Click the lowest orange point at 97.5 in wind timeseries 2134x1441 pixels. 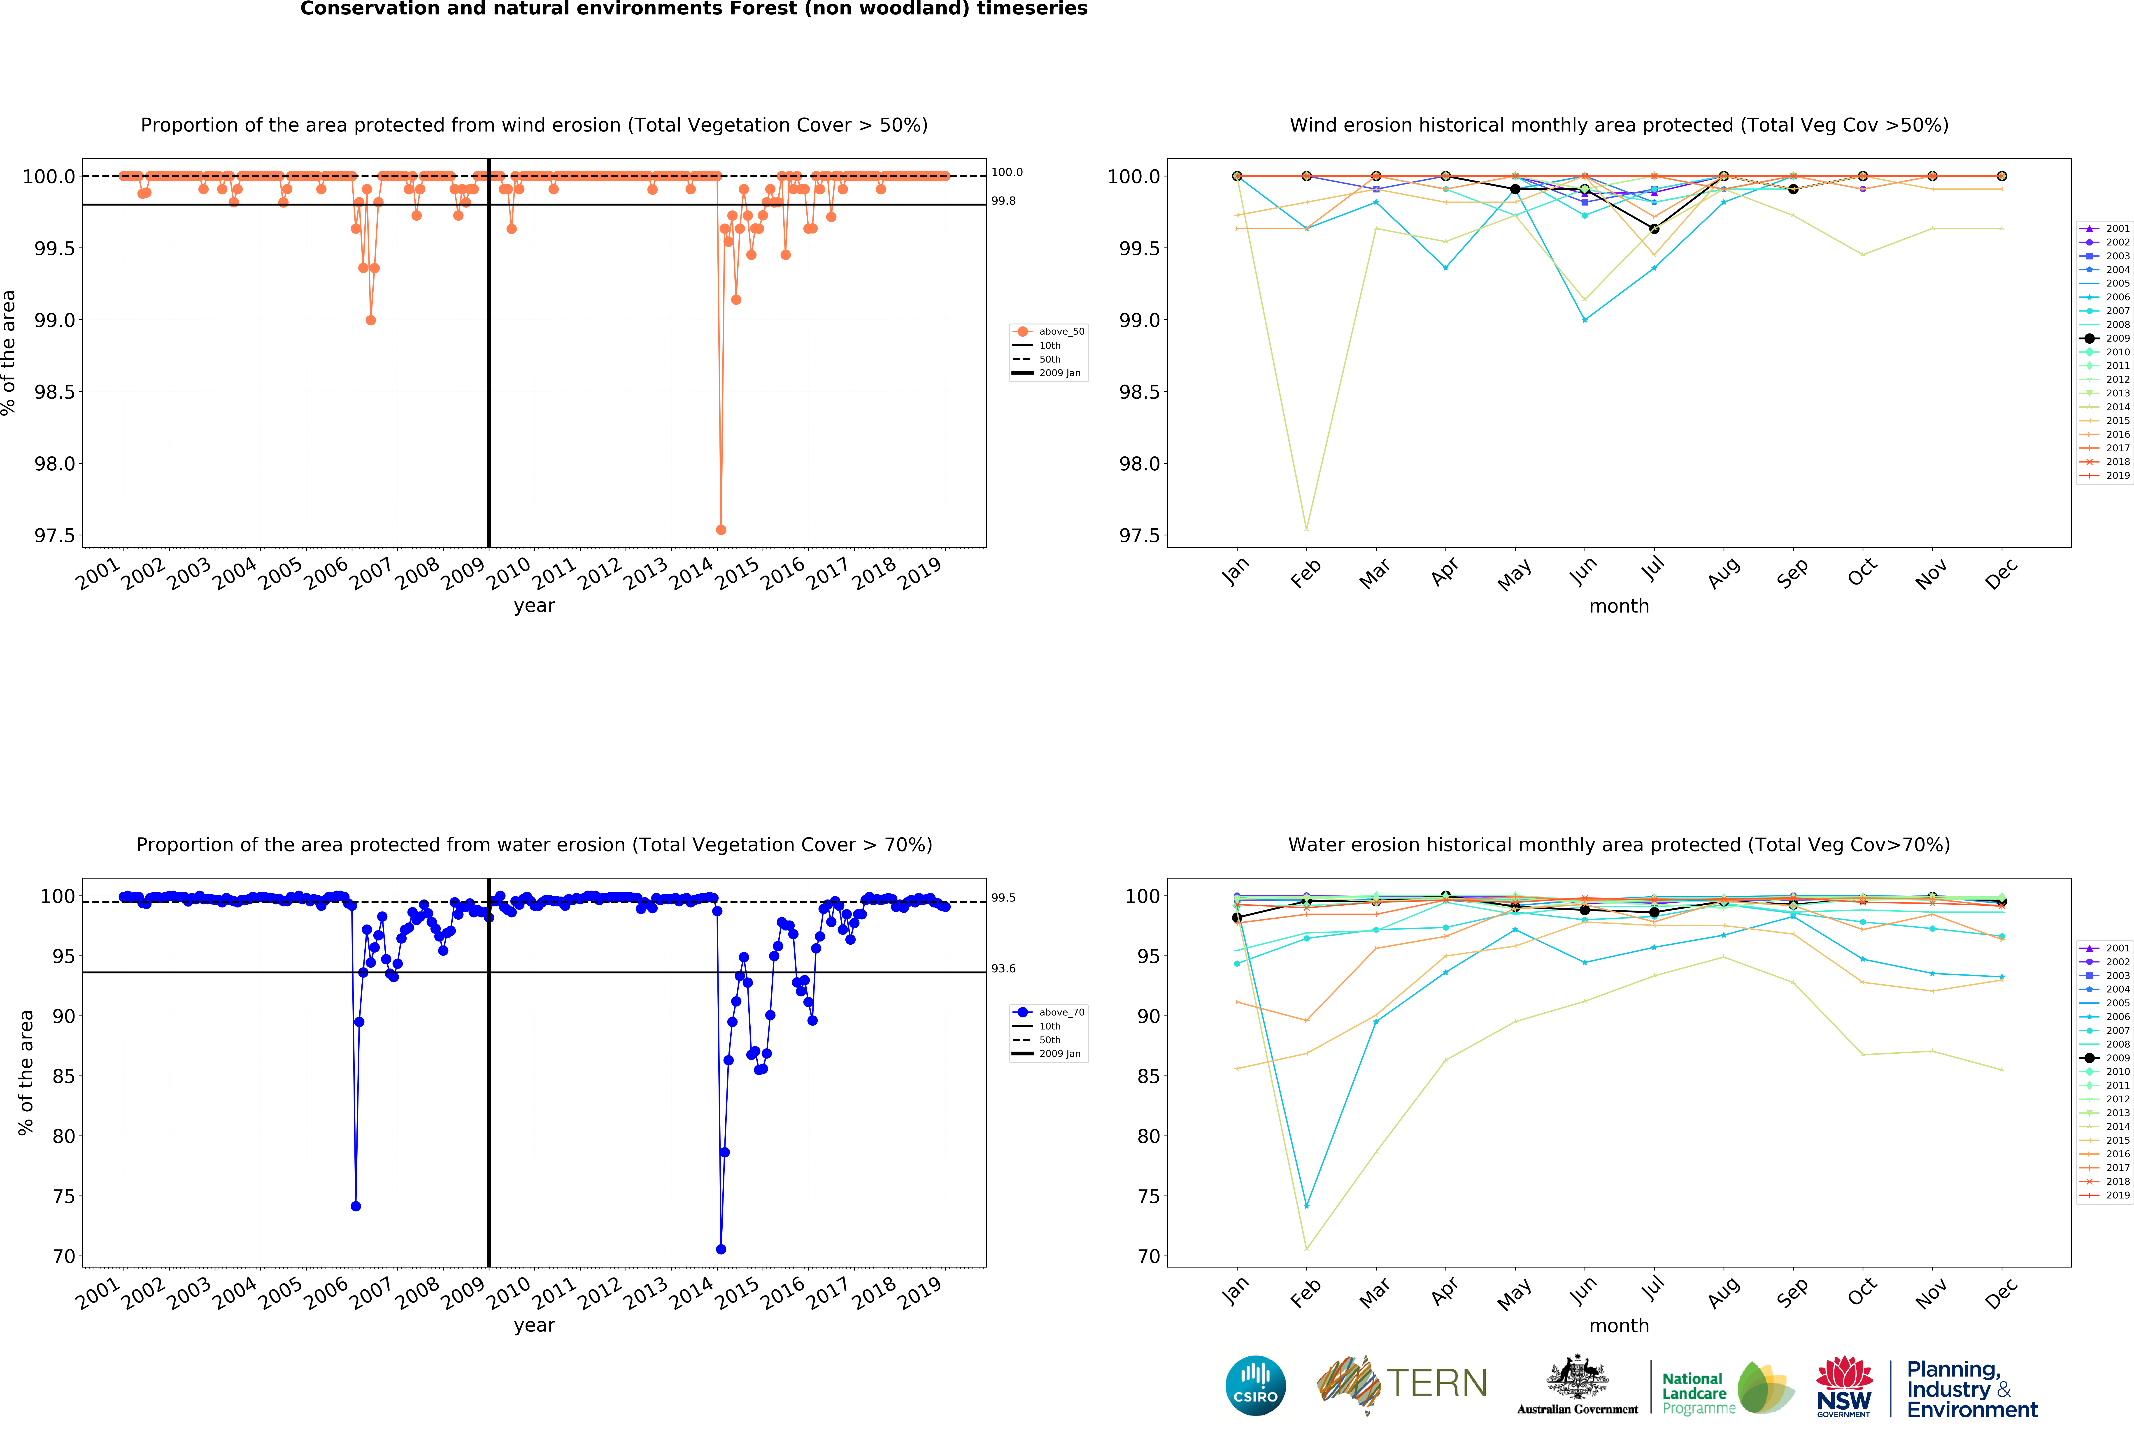(x=721, y=530)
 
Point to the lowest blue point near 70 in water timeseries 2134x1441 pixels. (x=721, y=1249)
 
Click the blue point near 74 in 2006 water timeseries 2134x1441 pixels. (x=355, y=1206)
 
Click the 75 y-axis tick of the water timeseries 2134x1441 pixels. (x=63, y=1196)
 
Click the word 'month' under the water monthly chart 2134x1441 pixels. (x=1619, y=1325)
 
